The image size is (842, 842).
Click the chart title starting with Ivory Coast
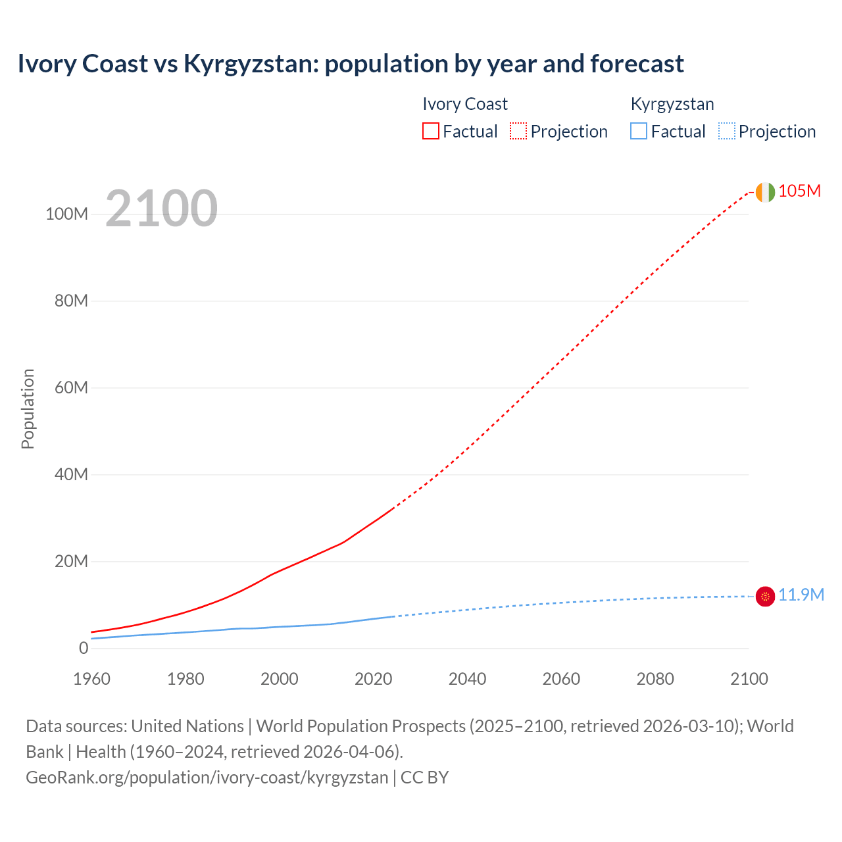351,64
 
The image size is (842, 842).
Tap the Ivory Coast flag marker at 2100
765,192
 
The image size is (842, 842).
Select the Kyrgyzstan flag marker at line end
765,596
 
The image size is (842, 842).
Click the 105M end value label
799,191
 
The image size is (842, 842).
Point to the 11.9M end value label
801,595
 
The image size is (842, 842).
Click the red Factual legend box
430,132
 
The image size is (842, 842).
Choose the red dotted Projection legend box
518,132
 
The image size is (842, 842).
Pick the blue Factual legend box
639,132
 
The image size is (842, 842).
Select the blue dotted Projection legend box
727,132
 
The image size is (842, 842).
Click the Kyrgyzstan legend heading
672,104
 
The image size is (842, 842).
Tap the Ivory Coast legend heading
464,104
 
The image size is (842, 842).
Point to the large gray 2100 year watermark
161,209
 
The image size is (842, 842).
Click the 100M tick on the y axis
66,214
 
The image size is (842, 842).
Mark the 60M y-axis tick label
71,387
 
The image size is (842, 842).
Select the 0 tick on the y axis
83,648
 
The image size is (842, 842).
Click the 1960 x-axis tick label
91,679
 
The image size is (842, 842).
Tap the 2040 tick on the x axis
467,679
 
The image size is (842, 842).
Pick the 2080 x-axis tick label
655,679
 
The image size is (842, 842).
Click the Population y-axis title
28,409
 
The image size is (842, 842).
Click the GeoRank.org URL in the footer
207,778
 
